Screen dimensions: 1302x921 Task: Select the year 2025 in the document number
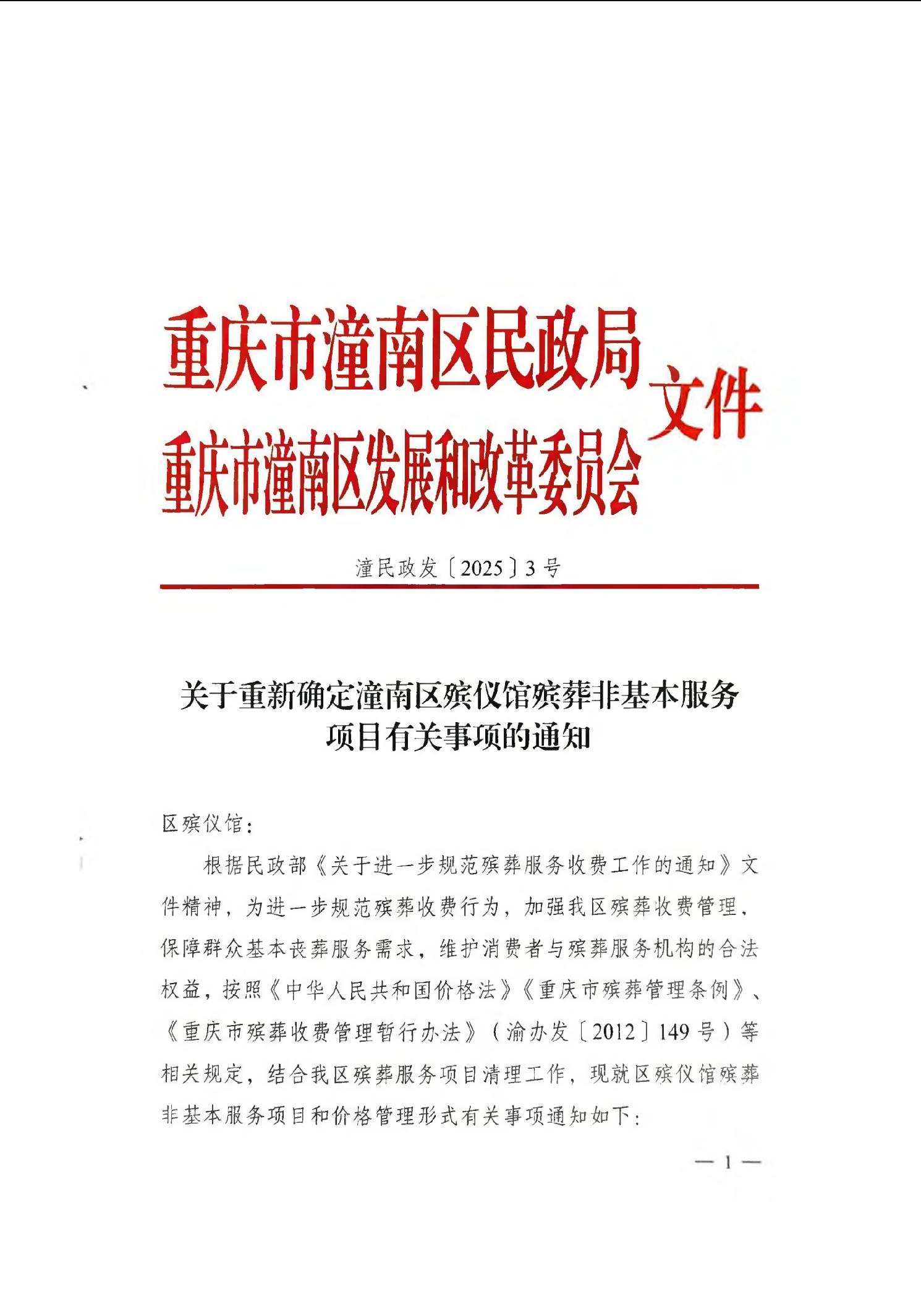482,568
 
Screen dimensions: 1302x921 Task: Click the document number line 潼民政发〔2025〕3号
458,568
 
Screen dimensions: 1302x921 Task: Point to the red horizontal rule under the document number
459,586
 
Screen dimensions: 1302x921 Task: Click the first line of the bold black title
459,696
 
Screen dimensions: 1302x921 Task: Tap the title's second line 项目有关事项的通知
458,737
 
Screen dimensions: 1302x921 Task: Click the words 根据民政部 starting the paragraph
255,866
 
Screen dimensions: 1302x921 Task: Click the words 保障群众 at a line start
202,948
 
